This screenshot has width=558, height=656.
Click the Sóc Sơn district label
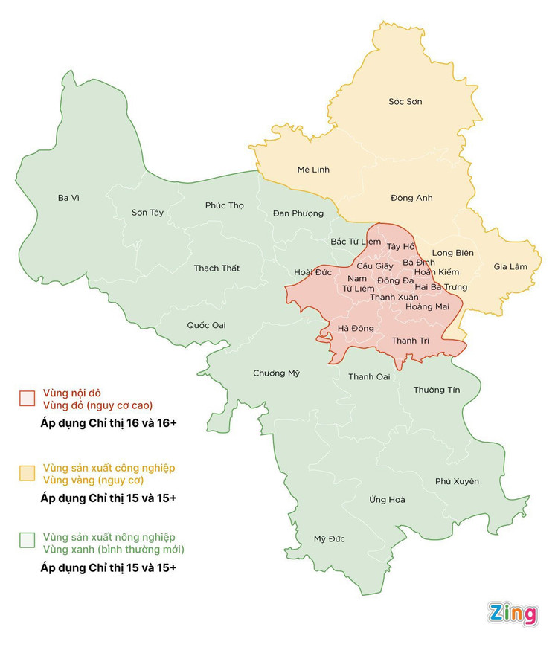405,101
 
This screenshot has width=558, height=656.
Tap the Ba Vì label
68,198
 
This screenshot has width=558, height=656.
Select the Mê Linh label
312,170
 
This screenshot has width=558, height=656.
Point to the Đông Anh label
411,198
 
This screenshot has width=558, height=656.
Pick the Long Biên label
452,253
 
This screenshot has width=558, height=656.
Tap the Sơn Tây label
147,213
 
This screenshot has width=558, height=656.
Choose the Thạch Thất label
217,268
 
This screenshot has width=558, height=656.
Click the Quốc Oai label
206,325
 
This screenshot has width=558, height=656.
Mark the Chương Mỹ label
276,373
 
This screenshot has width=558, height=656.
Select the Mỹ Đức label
329,539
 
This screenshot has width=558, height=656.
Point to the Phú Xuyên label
457,481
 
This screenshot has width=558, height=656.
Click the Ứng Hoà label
387,499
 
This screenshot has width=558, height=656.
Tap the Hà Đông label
355,328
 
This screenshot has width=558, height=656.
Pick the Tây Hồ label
400,246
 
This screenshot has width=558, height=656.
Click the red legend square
28,398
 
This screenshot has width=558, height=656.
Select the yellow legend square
28,473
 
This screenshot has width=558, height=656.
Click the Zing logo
513,614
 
